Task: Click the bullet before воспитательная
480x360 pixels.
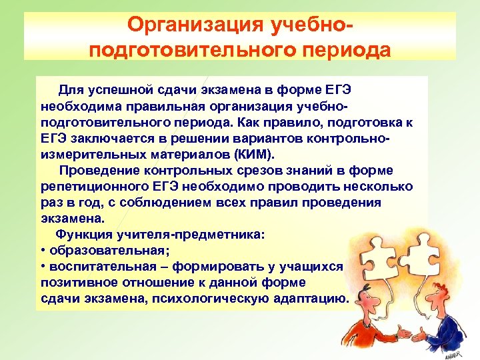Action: click(43, 266)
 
